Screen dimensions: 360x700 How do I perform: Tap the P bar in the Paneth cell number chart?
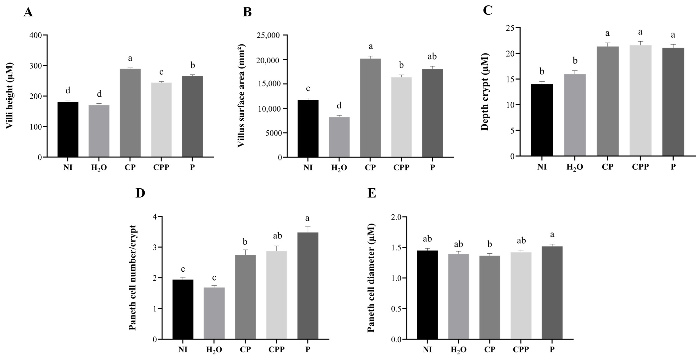point(308,285)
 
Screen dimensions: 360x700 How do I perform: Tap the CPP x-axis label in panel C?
point(640,166)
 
